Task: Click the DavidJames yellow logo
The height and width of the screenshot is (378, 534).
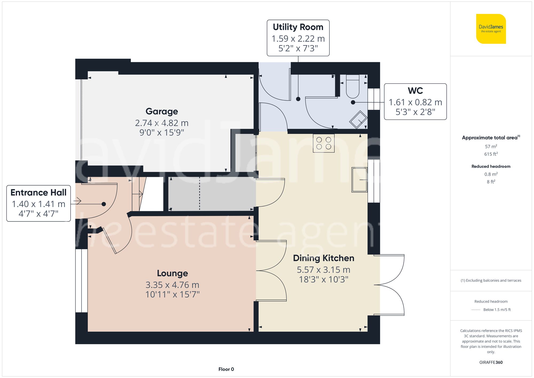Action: click(491, 29)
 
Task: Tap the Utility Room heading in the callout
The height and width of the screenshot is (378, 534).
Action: click(298, 27)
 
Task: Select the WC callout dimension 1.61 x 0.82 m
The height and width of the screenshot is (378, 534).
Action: click(415, 102)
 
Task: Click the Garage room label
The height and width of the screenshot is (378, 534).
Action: click(162, 111)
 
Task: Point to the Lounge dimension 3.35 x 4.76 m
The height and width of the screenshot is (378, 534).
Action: click(172, 285)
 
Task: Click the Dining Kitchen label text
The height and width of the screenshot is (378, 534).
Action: click(323, 258)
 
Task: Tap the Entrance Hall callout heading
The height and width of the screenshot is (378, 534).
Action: click(38, 193)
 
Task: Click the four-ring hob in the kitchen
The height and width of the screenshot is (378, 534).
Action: click(324, 143)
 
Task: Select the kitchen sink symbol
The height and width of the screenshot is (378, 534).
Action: click(359, 180)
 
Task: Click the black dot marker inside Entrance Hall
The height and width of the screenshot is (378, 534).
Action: click(104, 204)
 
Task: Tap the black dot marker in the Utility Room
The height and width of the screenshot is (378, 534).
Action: click(298, 99)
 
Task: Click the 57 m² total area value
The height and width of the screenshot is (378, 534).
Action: click(491, 146)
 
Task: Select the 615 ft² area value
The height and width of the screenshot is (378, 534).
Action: click(491, 154)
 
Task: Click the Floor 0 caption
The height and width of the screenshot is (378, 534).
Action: click(226, 369)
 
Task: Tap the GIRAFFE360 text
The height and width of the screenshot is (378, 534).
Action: click(491, 363)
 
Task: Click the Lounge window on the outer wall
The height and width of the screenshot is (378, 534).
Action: click(81, 280)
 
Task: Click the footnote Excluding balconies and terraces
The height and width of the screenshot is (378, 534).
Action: click(491, 280)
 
